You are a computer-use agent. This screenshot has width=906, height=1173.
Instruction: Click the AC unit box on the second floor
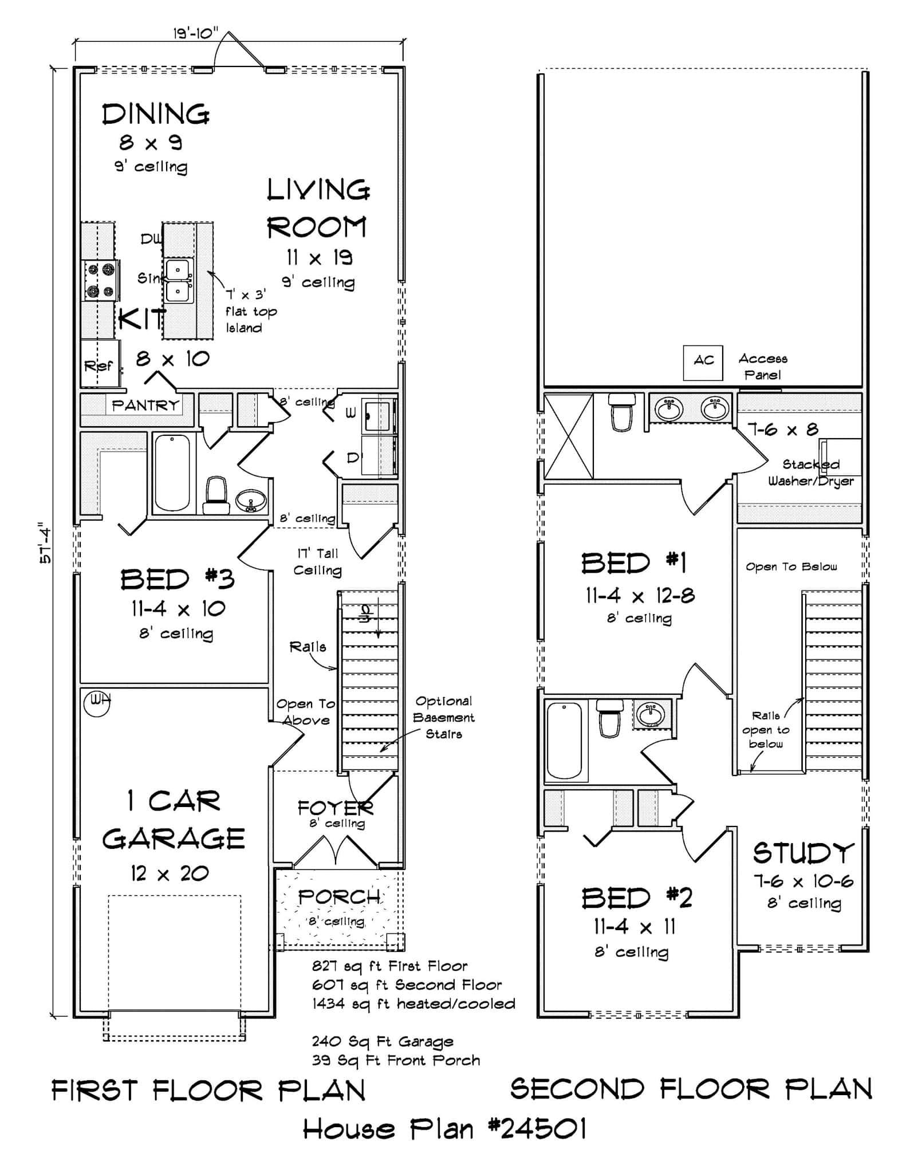pos(703,363)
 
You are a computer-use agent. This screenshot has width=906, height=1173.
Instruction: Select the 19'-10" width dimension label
pos(195,33)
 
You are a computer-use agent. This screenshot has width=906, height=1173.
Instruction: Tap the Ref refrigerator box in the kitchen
pos(99,364)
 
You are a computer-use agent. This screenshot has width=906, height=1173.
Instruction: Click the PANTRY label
pos(145,406)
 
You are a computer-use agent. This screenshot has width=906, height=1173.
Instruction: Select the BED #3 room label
pos(177,580)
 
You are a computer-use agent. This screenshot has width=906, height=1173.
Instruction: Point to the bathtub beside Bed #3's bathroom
pos(172,473)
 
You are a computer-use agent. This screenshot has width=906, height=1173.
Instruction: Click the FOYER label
pos(335,808)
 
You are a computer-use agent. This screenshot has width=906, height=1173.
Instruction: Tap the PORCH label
pos(339,896)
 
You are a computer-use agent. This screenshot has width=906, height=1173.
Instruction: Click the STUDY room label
pos(803,853)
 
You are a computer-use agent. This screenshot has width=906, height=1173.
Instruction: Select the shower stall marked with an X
pos(568,436)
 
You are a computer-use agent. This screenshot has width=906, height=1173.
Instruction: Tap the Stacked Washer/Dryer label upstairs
pos(811,473)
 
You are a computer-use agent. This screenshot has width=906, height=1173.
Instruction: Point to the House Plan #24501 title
pos(444,1130)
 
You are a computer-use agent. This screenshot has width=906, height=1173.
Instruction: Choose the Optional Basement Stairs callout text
pos(444,717)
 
